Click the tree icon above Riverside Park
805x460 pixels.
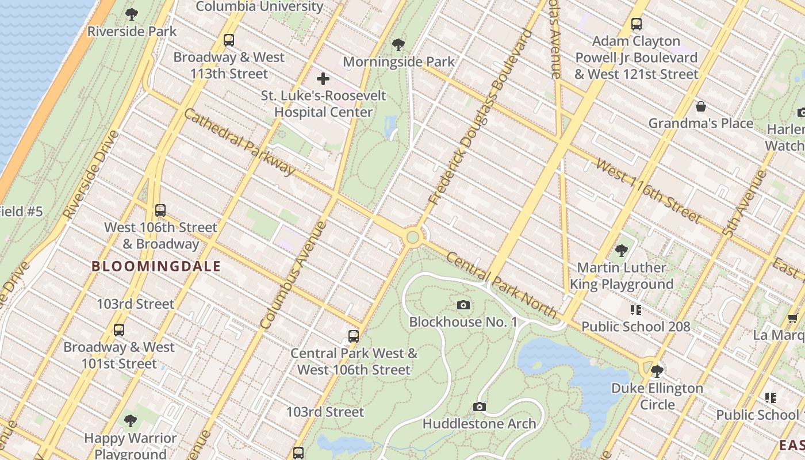(132, 14)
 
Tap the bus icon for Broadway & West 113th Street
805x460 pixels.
(229, 40)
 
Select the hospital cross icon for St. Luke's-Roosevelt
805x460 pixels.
(323, 78)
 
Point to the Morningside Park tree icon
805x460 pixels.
(398, 44)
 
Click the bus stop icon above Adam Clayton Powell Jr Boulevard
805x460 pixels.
(636, 24)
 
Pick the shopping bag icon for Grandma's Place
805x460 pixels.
(700, 106)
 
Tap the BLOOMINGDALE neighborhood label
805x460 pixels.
(156, 266)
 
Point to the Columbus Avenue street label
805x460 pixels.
(293, 275)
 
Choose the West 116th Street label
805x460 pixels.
(649, 191)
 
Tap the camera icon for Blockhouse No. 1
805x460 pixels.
(463, 305)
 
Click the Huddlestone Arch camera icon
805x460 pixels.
(479, 407)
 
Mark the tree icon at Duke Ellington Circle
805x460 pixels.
(657, 371)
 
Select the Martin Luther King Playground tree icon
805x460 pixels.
(621, 250)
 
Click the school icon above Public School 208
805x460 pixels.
(635, 310)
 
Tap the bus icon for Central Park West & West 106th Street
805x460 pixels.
(354, 336)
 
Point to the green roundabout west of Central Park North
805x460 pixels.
(412, 237)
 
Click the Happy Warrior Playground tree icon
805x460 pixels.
(131, 420)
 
